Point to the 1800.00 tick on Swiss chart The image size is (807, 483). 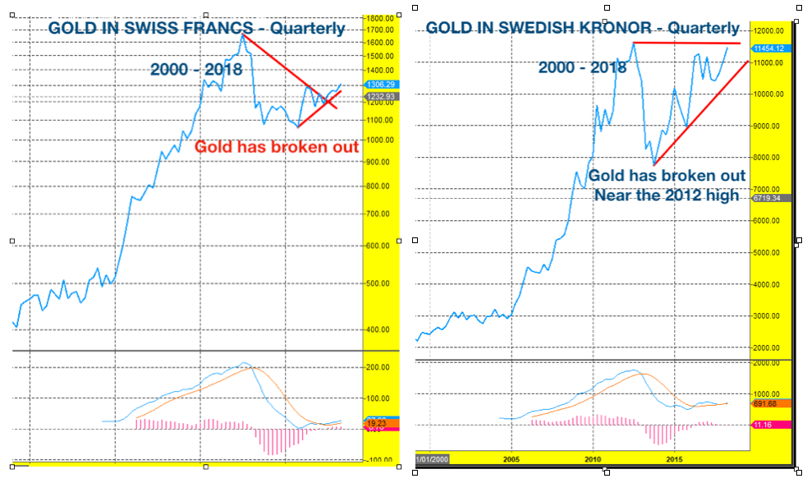[381, 18]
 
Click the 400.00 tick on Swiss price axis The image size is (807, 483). [378, 330]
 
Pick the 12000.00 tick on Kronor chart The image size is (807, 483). [769, 31]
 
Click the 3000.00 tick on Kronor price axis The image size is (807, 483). [767, 316]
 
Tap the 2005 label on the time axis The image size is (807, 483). [511, 459]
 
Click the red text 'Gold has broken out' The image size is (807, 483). [277, 147]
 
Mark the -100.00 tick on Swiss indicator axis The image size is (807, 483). [378, 460]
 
